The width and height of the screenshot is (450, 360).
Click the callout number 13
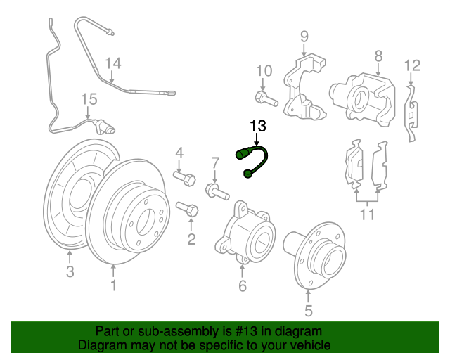(258, 127)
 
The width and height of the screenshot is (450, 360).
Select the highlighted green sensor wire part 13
(255, 160)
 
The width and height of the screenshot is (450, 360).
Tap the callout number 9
(304, 36)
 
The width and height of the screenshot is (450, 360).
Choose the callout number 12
(412, 66)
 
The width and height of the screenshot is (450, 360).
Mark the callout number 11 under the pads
(367, 214)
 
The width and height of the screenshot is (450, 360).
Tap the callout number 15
(88, 99)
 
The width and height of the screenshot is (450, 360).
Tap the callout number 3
(70, 272)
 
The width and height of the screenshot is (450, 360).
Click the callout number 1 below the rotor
(113, 285)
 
